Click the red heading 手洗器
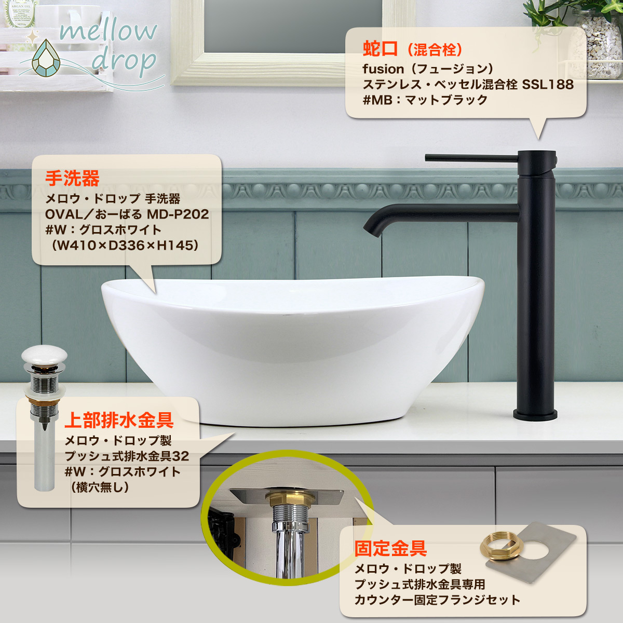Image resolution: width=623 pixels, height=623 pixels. (72, 179)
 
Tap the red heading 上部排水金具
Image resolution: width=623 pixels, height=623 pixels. (118, 419)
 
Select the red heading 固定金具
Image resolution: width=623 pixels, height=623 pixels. (390, 548)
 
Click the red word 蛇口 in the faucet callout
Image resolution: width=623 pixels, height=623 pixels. (380, 49)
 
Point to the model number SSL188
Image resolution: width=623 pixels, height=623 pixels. (547, 84)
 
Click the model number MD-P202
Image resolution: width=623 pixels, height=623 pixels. (178, 214)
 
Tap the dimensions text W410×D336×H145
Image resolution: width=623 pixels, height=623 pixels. (125, 245)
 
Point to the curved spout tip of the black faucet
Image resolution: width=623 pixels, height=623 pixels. (370, 228)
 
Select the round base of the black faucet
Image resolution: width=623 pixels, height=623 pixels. (535, 414)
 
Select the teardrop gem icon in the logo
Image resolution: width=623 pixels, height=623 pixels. (46, 59)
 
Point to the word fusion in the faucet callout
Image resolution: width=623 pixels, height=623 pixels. (383, 69)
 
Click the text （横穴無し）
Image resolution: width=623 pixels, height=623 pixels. (99, 487)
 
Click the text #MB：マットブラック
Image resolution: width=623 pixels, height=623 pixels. (425, 100)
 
